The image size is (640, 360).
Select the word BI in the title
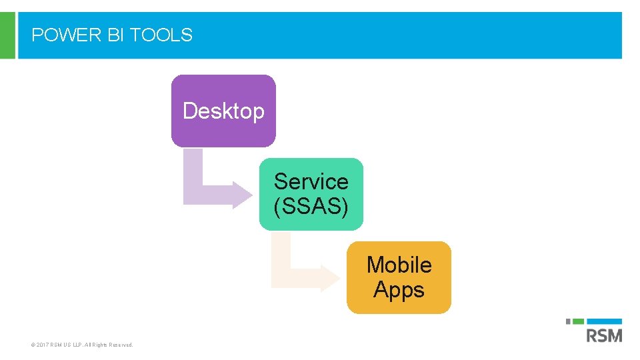(116, 35)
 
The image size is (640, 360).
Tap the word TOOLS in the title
(161, 35)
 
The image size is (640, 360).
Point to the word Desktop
(223, 111)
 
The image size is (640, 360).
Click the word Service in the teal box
(311, 181)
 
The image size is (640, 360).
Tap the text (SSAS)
(311, 207)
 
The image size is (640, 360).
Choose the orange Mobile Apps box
(399, 303)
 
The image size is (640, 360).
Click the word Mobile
(399, 265)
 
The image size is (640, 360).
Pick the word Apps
(399, 290)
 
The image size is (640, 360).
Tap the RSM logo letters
(604, 335)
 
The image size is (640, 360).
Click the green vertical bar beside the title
(7, 35)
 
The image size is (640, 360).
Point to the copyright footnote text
(82, 345)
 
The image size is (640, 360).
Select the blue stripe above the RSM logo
(608, 321)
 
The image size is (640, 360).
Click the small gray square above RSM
(569, 321)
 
